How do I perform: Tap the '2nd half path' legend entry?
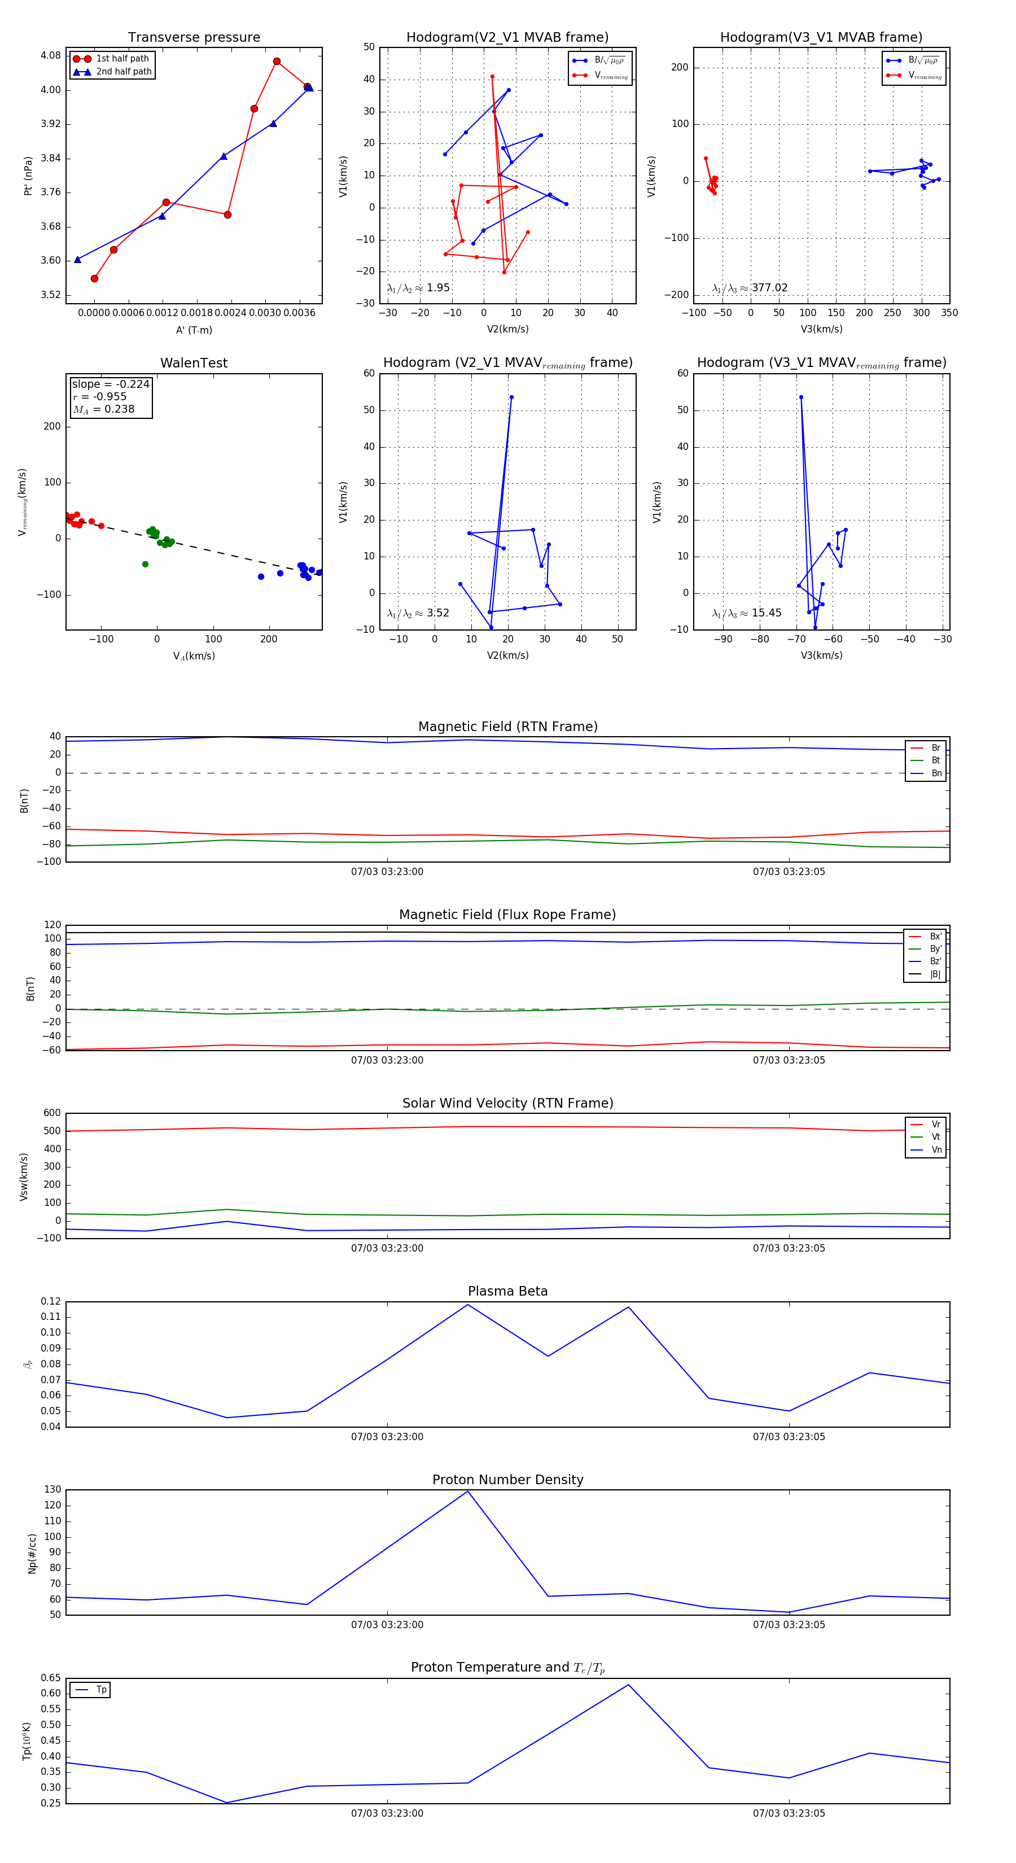(x=124, y=72)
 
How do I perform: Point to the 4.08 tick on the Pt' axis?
(x=51, y=56)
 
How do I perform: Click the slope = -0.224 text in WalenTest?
(x=111, y=384)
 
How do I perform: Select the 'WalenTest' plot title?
(x=194, y=363)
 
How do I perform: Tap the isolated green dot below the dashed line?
(x=146, y=564)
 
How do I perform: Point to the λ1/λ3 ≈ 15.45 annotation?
(x=746, y=613)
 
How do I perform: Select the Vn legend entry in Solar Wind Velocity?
(x=936, y=1150)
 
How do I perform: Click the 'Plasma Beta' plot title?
(x=507, y=1292)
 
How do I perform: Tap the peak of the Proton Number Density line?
(x=468, y=1492)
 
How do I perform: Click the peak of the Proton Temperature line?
(x=628, y=1685)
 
